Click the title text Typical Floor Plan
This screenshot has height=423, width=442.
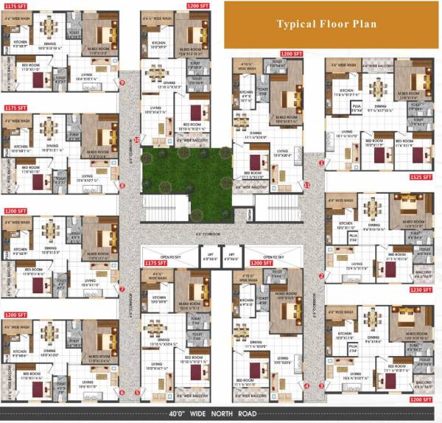coord(326,24)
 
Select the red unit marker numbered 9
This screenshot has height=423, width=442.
coord(122,83)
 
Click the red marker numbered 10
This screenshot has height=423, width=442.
coord(137,139)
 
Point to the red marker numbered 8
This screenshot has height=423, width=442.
coord(122,186)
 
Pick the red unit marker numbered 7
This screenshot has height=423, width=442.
coord(122,289)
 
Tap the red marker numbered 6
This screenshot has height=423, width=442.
coord(122,392)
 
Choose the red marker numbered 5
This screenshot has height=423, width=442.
coord(138,392)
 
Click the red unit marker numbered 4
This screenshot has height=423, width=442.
coord(306,386)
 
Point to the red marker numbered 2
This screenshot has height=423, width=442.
coord(321,276)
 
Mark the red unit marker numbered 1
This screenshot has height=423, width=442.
coord(321,161)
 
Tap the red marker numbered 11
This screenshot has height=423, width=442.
coord(306,185)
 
